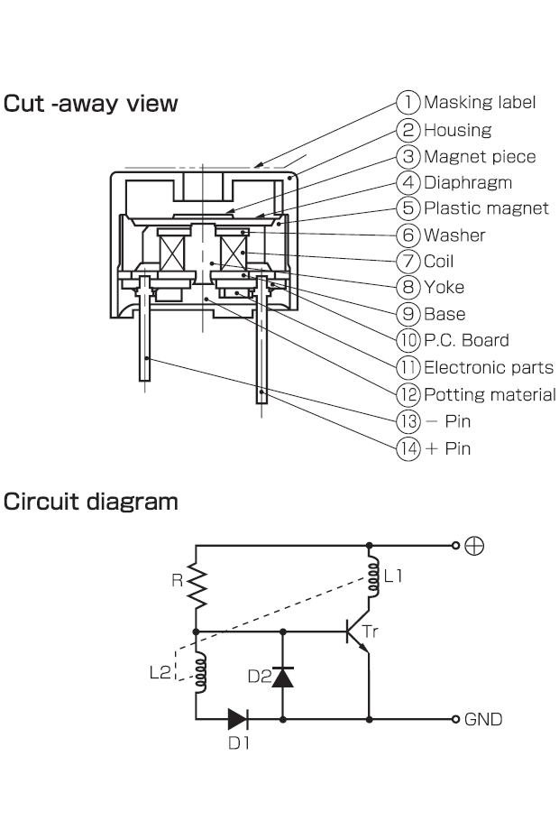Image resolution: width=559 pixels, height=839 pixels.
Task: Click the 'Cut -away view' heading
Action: [x=91, y=104]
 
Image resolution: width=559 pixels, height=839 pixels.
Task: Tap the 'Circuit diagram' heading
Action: [x=91, y=501]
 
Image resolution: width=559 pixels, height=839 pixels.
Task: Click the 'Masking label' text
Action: [x=479, y=103]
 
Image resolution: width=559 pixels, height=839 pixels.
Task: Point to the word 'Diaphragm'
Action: [x=467, y=182]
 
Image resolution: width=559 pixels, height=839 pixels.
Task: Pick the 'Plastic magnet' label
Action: [x=485, y=208]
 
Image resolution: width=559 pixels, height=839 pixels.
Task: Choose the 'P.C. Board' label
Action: [x=466, y=340]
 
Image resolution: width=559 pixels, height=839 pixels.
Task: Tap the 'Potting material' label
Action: [x=490, y=394]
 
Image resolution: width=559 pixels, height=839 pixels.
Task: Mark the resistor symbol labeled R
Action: [x=197, y=588]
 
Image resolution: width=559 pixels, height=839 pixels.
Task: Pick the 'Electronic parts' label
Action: [x=488, y=367]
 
